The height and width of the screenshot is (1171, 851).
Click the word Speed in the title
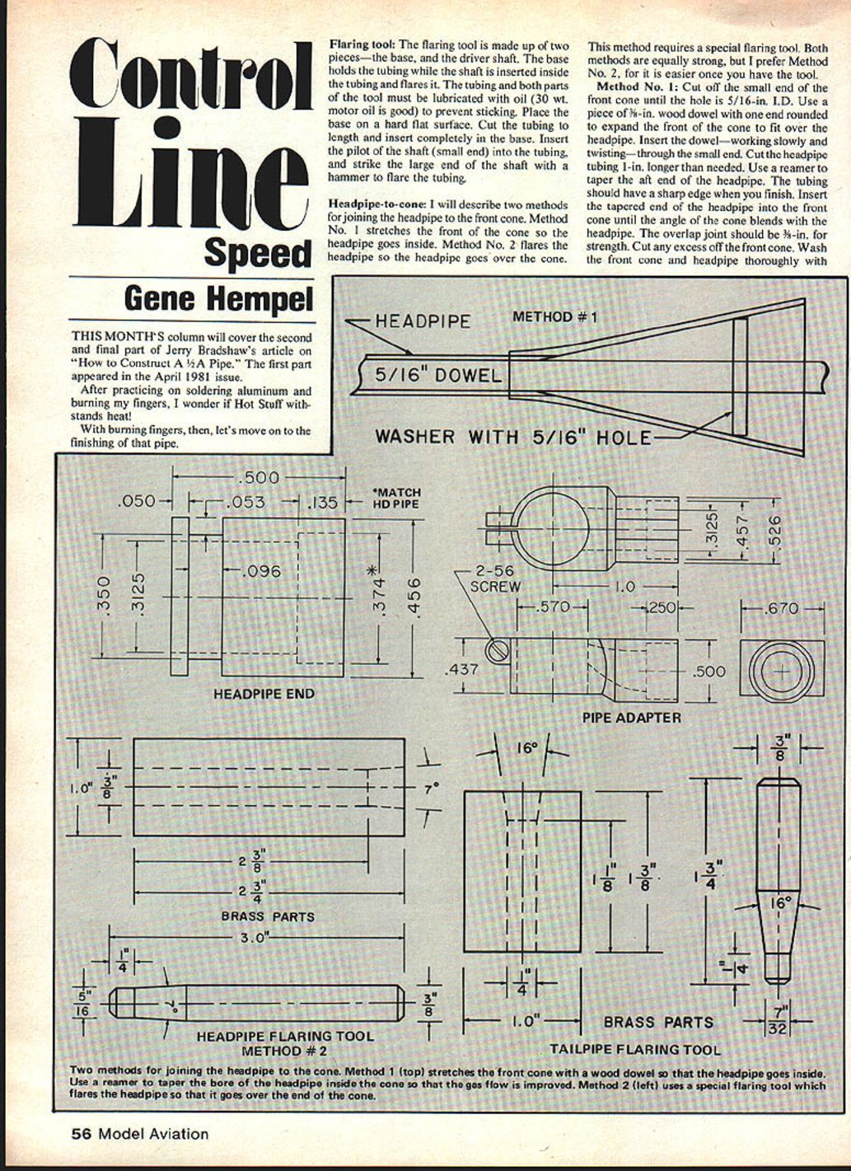[x=258, y=253]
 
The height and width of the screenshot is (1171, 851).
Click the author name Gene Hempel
[x=218, y=298]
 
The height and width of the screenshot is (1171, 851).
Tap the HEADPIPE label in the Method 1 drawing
[x=423, y=321]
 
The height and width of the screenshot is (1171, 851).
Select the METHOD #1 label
[x=554, y=316]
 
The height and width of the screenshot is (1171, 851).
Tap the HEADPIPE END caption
[x=264, y=694]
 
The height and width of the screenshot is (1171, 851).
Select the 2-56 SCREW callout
[x=494, y=578]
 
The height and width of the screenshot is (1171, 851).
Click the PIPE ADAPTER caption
[x=632, y=718]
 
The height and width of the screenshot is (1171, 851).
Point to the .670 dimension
[x=782, y=608]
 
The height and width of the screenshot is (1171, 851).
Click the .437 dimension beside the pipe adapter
[x=462, y=670]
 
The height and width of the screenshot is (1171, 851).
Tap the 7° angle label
[x=429, y=789]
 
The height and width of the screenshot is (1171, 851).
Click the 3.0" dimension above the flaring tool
[x=258, y=938]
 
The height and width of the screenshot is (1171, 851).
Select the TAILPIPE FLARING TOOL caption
[x=634, y=1050]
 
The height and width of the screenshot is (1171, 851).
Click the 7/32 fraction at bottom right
[x=779, y=1020]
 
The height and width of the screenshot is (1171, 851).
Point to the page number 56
[x=81, y=1134]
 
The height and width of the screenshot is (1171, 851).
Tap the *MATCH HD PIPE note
[x=396, y=499]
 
